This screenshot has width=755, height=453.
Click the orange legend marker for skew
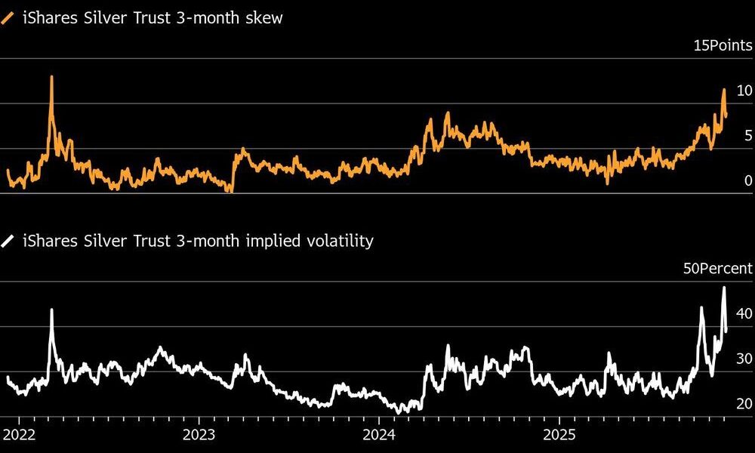pyautogui.click(x=8, y=18)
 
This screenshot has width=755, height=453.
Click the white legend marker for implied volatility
pyautogui.click(x=8, y=242)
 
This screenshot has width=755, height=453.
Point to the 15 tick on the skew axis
pyautogui.click(x=701, y=45)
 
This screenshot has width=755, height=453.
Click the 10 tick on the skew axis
pyautogui.click(x=744, y=91)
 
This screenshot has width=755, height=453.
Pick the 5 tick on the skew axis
pyautogui.click(x=748, y=136)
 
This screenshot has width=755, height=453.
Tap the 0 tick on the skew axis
pyautogui.click(x=748, y=180)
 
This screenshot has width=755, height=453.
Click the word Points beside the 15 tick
pyautogui.click(x=731, y=45)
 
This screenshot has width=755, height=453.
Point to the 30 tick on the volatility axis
pyautogui.click(x=744, y=359)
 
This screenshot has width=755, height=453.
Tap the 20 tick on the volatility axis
pyautogui.click(x=744, y=404)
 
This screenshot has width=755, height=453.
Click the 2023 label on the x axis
pyautogui.click(x=198, y=435)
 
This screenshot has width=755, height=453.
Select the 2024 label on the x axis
pyautogui.click(x=378, y=435)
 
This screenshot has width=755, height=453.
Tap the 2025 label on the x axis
pyautogui.click(x=559, y=435)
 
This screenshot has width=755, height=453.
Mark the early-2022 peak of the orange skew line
pyautogui.click(x=51, y=77)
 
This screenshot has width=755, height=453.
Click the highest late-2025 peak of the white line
pyautogui.click(x=724, y=288)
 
